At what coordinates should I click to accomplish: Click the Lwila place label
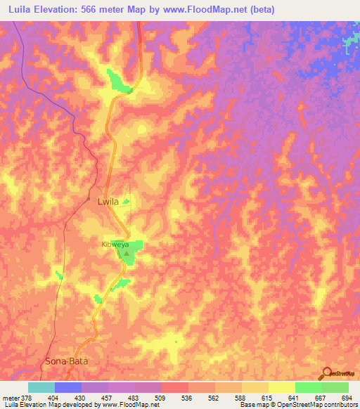(107, 202)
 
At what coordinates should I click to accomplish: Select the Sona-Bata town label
(65, 361)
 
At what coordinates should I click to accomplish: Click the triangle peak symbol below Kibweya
(127, 253)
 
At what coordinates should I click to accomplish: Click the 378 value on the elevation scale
(27, 398)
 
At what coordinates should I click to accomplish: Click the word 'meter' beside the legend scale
(11, 398)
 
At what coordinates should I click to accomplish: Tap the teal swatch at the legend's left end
(41, 387)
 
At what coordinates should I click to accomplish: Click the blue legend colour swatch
(68, 387)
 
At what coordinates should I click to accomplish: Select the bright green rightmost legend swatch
(335, 387)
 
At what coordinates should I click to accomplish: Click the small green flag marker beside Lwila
(126, 202)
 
